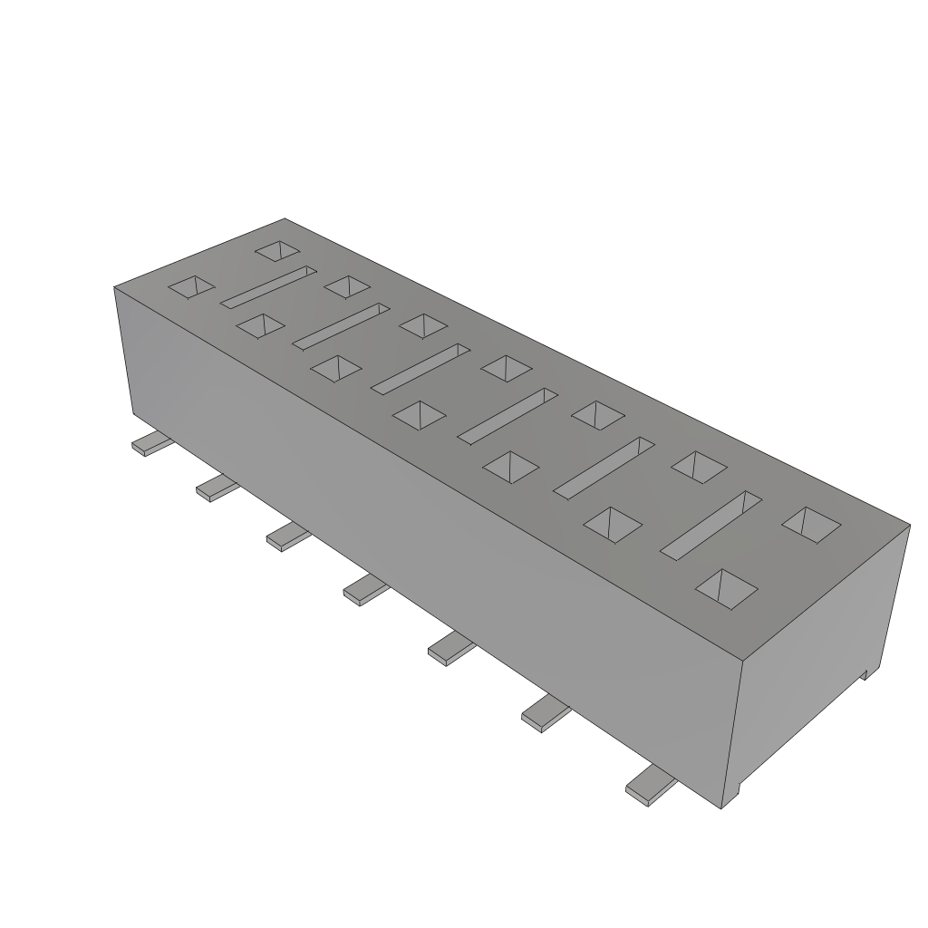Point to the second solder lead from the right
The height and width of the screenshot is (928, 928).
coord(544,714)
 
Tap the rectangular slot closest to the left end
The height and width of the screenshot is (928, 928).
coord(267,286)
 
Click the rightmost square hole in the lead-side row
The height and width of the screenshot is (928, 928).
coord(725,588)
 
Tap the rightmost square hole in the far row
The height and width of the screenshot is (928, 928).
coord(811,525)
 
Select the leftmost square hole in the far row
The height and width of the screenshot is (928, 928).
coord(277,251)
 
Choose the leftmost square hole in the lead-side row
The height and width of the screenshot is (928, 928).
coord(191,287)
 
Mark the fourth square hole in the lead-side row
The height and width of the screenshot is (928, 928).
coord(420,415)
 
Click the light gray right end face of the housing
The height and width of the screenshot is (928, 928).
coord(816,662)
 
